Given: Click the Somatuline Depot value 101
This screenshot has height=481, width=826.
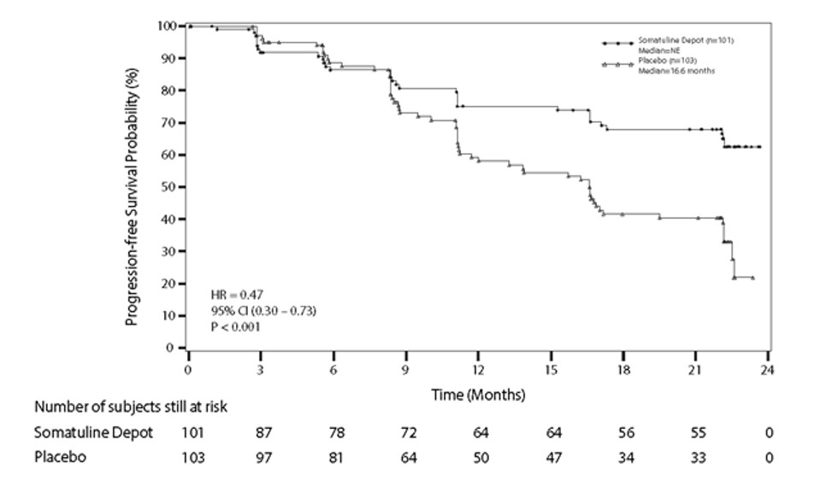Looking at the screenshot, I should (x=193, y=432).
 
